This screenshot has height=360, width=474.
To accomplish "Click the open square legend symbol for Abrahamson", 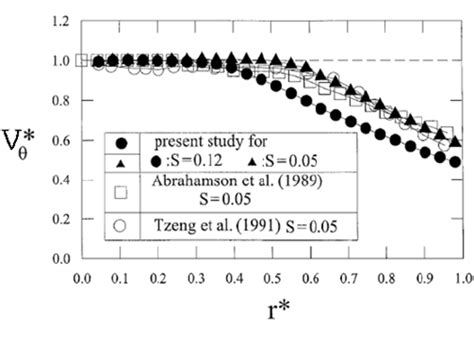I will point(121,192).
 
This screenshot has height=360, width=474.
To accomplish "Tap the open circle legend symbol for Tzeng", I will point(121,227).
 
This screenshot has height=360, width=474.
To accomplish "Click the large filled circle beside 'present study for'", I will point(121,141).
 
